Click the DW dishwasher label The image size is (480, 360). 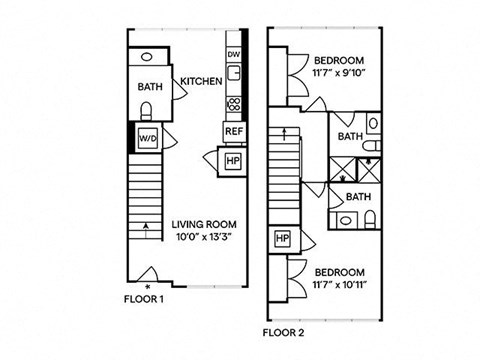(x=233, y=54)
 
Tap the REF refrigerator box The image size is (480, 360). (x=234, y=131)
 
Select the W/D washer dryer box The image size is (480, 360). (x=148, y=138)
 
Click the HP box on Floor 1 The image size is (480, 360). (x=233, y=161)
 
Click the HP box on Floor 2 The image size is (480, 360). (x=283, y=238)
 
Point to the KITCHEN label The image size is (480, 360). (x=201, y=81)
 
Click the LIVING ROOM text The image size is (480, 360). (x=204, y=224)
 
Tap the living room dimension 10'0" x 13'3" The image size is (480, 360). (x=204, y=237)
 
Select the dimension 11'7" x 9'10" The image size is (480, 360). (x=339, y=73)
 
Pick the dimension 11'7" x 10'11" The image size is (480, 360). (x=340, y=285)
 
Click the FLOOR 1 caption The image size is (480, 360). (x=144, y=299)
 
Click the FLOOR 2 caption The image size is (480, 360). (x=283, y=332)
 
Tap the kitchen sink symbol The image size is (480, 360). (x=234, y=73)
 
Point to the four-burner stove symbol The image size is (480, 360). (x=234, y=104)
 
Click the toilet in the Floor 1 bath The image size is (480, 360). (x=146, y=111)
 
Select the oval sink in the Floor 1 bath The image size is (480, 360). (x=146, y=57)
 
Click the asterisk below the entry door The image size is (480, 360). (x=148, y=286)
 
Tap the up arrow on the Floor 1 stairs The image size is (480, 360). (x=145, y=231)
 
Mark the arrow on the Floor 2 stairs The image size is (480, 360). (x=284, y=135)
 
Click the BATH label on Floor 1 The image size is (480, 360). (x=150, y=87)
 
